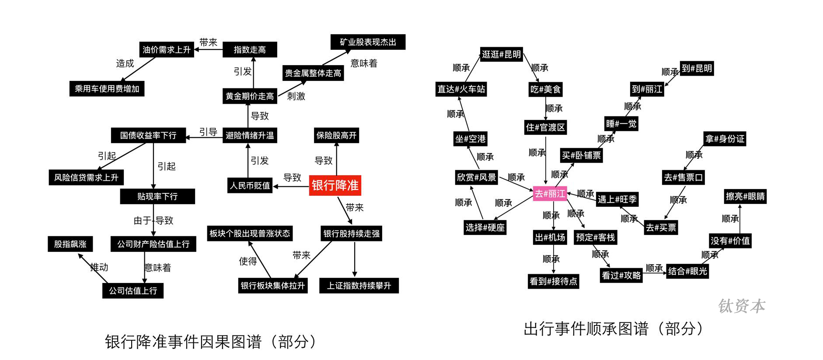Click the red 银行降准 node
pyautogui.click(x=335, y=185)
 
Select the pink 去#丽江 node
pyautogui.click(x=550, y=193)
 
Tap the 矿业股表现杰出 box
pyautogui.click(x=368, y=42)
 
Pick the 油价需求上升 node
pyautogui.click(x=166, y=49)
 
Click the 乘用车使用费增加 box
pyautogui.click(x=107, y=88)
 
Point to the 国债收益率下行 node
pyautogui.click(x=148, y=135)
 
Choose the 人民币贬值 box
pyautogui.click(x=250, y=185)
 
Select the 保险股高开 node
pyautogui.click(x=337, y=135)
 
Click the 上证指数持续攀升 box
pyautogui.click(x=359, y=286)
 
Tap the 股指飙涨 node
pyautogui.click(x=70, y=244)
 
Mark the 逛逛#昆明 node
pyautogui.click(x=502, y=54)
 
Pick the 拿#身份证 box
pyautogui.click(x=725, y=139)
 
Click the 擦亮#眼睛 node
pyautogui.click(x=745, y=196)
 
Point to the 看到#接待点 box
pyautogui.click(x=553, y=281)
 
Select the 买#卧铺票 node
pyautogui.click(x=581, y=155)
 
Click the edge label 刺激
pyautogui.click(x=296, y=96)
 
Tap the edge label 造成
pyautogui.click(x=125, y=63)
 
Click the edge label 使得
pyautogui.click(x=248, y=261)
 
